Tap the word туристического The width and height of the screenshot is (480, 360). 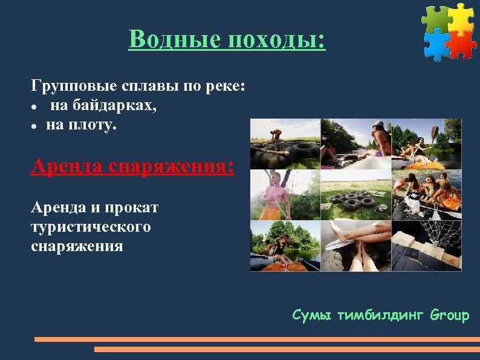coord(90,227)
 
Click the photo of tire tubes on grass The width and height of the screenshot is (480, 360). coord(355,195)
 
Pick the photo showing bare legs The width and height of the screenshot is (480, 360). coord(355,245)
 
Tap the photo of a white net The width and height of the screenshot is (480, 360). coord(426,245)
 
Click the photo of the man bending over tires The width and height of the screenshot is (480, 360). coord(285,143)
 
